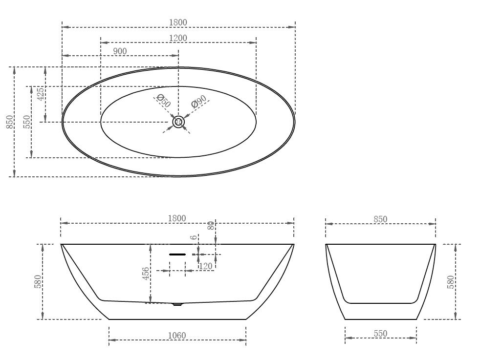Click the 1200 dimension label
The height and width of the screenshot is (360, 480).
(178, 38)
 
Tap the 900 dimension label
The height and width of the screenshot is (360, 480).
(120, 51)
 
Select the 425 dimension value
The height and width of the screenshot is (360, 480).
(41, 94)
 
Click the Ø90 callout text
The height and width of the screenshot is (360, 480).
(198, 101)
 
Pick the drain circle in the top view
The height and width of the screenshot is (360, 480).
(178, 122)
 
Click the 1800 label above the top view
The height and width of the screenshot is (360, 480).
(178, 22)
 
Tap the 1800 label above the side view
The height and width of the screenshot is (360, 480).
(177, 218)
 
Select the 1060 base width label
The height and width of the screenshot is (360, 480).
(177, 336)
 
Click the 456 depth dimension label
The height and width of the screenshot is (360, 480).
(146, 274)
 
